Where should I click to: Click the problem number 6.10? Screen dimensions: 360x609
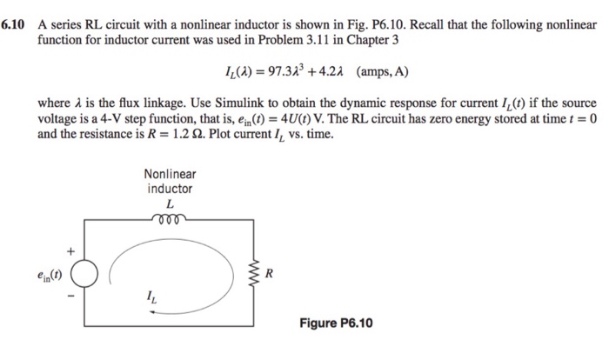coord(15,24)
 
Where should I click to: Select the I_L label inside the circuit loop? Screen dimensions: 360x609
coord(157,303)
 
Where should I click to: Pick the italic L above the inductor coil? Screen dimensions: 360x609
coord(170,202)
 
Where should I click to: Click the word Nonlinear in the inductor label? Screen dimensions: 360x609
coord(170,174)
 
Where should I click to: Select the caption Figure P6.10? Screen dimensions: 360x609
coord(336,323)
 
